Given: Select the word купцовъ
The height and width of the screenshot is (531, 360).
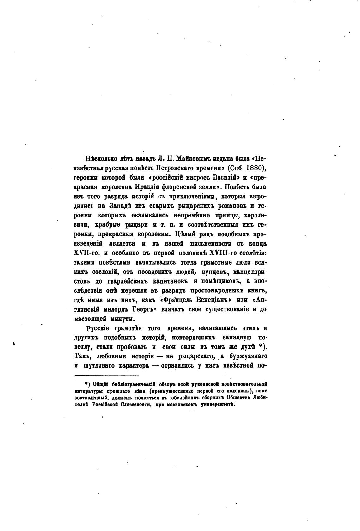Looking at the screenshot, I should pyautogui.click(x=210, y=272).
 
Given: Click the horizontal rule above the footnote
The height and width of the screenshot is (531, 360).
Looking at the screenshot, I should pyautogui.click(x=107, y=375).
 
